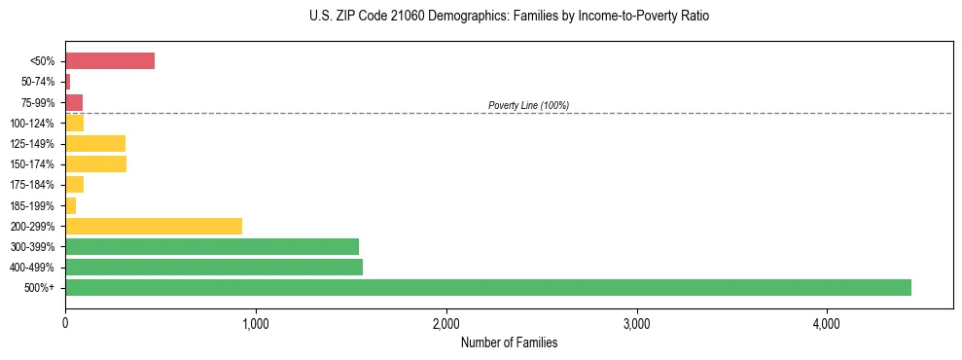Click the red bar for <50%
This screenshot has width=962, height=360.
(110, 61)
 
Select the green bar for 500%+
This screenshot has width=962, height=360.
(487, 287)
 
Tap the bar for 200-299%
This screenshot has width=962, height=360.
(154, 226)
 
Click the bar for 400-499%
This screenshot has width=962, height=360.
(214, 267)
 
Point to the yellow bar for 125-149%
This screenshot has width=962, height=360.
(95, 144)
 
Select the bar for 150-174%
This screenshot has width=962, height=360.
(95, 164)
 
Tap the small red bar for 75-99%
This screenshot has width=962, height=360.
(74, 102)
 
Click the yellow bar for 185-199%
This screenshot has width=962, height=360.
(70, 205)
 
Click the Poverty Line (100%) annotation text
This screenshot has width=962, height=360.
(528, 105)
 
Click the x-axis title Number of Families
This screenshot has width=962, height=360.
(509, 342)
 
